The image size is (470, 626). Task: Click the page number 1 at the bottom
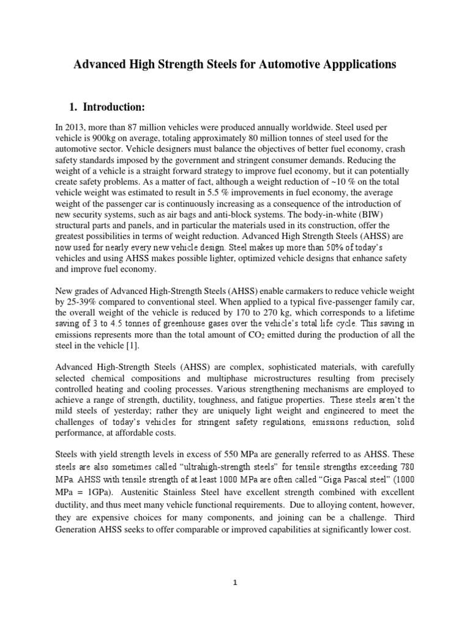pos(235,583)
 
